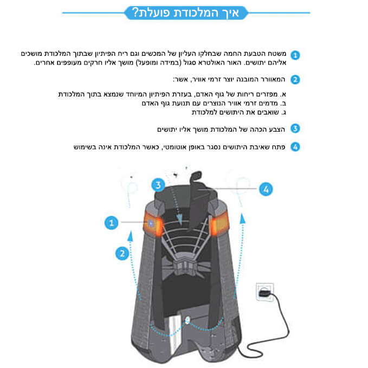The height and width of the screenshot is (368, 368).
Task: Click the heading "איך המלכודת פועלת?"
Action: pos(185,12)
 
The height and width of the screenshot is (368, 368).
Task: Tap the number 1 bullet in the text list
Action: pos(295,55)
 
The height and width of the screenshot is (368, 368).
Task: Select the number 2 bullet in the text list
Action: pos(295,80)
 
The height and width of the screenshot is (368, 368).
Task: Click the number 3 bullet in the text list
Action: pos(295,128)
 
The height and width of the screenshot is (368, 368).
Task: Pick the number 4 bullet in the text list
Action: pos(295,147)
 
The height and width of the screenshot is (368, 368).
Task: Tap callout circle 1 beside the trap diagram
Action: pos(111,223)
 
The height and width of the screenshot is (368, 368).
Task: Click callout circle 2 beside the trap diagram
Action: pos(122,254)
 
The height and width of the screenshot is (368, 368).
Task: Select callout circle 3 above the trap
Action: pos(158,185)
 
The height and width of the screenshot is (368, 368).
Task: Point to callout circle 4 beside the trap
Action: pos(266,189)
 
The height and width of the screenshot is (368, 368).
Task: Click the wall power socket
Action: pos(264,292)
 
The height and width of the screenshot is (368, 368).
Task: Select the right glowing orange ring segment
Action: pos(219,224)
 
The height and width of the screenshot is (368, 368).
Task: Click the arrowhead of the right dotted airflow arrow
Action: pos(243,219)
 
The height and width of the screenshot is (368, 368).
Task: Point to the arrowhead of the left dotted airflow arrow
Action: pos(130,236)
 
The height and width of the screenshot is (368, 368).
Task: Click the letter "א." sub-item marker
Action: pos(283,94)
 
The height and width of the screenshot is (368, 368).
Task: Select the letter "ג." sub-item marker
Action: pos(283,112)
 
